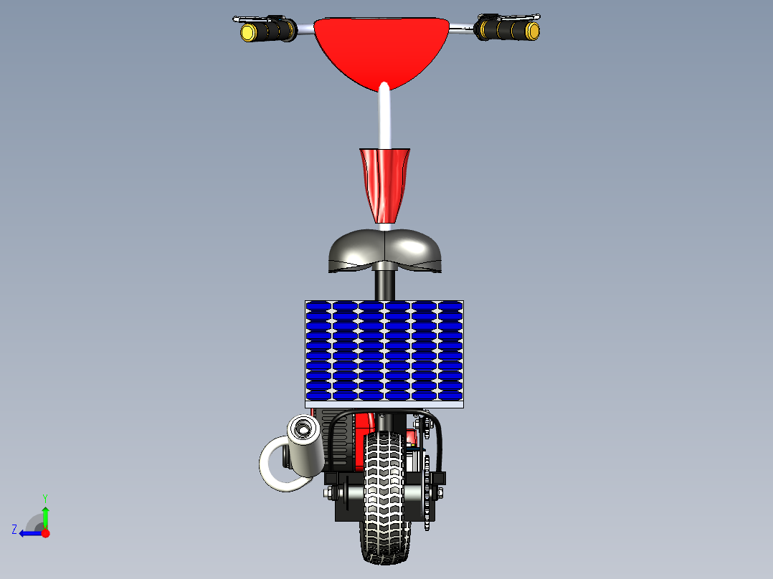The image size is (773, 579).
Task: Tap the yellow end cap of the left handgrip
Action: [248, 32]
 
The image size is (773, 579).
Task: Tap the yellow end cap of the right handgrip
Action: [532, 31]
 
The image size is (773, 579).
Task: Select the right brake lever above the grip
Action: [516, 17]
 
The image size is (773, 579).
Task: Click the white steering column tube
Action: [385, 118]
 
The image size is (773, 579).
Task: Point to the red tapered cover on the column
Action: [384, 183]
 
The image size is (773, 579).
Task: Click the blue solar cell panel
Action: [384, 350]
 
